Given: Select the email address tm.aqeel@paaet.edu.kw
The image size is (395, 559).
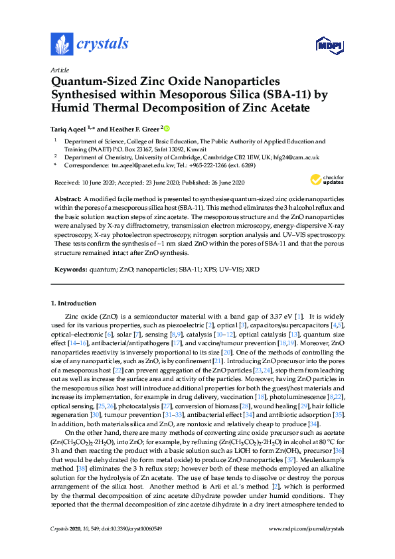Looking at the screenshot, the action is point(145,165).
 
